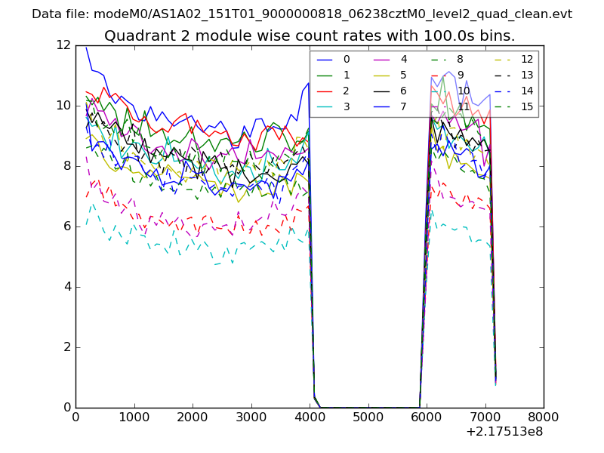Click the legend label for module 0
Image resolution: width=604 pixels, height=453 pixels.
(x=347, y=59)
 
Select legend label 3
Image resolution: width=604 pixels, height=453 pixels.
(x=347, y=106)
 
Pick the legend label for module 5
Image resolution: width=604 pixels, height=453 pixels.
(x=404, y=75)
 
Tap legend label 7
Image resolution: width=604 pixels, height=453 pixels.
(x=404, y=106)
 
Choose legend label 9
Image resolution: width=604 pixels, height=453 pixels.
(x=461, y=75)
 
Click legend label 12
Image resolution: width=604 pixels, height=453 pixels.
(x=527, y=59)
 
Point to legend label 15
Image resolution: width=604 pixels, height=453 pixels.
(x=527, y=106)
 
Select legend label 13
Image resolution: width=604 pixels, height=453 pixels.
(x=527, y=75)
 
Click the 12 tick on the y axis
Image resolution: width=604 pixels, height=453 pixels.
(x=63, y=45)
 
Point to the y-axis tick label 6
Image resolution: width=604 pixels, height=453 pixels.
(x=66, y=226)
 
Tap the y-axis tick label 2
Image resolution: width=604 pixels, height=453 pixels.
(x=66, y=347)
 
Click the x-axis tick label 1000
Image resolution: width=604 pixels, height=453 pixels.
(x=134, y=416)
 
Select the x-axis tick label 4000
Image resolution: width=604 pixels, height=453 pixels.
(x=310, y=416)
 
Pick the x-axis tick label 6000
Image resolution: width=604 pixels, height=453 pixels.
(x=427, y=416)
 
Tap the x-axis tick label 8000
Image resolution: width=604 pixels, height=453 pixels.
(x=544, y=416)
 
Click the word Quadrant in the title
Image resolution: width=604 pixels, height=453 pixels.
(x=137, y=35)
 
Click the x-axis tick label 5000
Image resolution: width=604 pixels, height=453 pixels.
(x=368, y=416)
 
